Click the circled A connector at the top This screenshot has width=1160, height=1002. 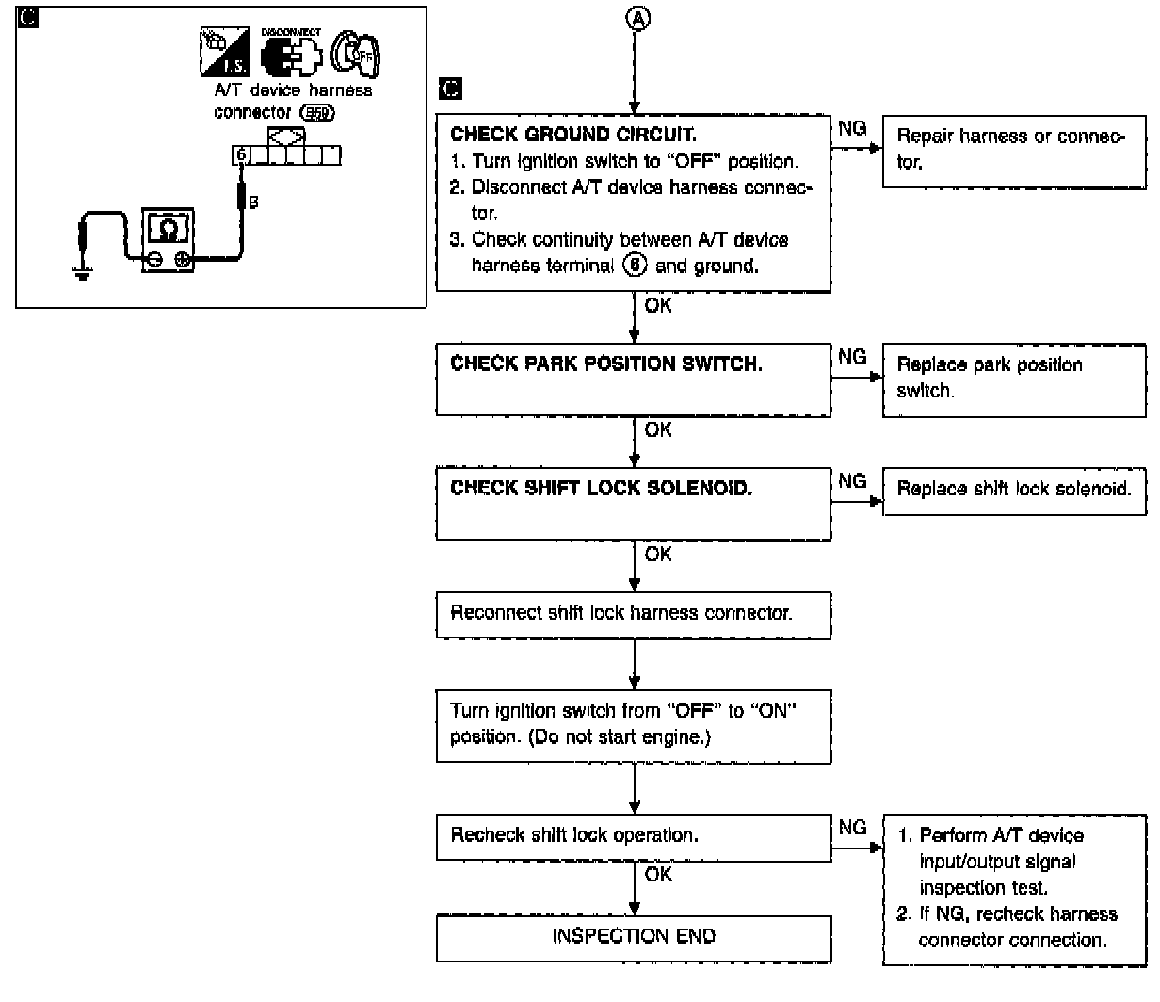pos(638,19)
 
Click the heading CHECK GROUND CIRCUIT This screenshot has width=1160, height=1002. pos(572,135)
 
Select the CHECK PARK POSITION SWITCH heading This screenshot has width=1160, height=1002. pos(605,364)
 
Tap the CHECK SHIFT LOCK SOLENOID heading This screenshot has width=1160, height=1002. pos(601,488)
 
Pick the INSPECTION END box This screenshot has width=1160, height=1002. pos(634,936)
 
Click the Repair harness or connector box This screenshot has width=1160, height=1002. pos(1014,150)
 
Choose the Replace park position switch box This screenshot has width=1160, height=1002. pos(1014,378)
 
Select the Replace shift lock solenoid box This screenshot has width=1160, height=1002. pos(1014,490)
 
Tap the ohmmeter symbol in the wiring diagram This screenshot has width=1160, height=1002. pos(167,241)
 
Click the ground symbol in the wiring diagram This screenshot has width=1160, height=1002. pos(82,275)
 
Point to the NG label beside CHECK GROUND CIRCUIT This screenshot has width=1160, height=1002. pos(852,128)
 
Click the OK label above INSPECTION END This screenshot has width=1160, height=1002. pos(658,875)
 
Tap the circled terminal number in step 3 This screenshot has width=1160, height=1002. pos(633,266)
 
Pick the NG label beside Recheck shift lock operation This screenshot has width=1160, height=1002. pos(852,828)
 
